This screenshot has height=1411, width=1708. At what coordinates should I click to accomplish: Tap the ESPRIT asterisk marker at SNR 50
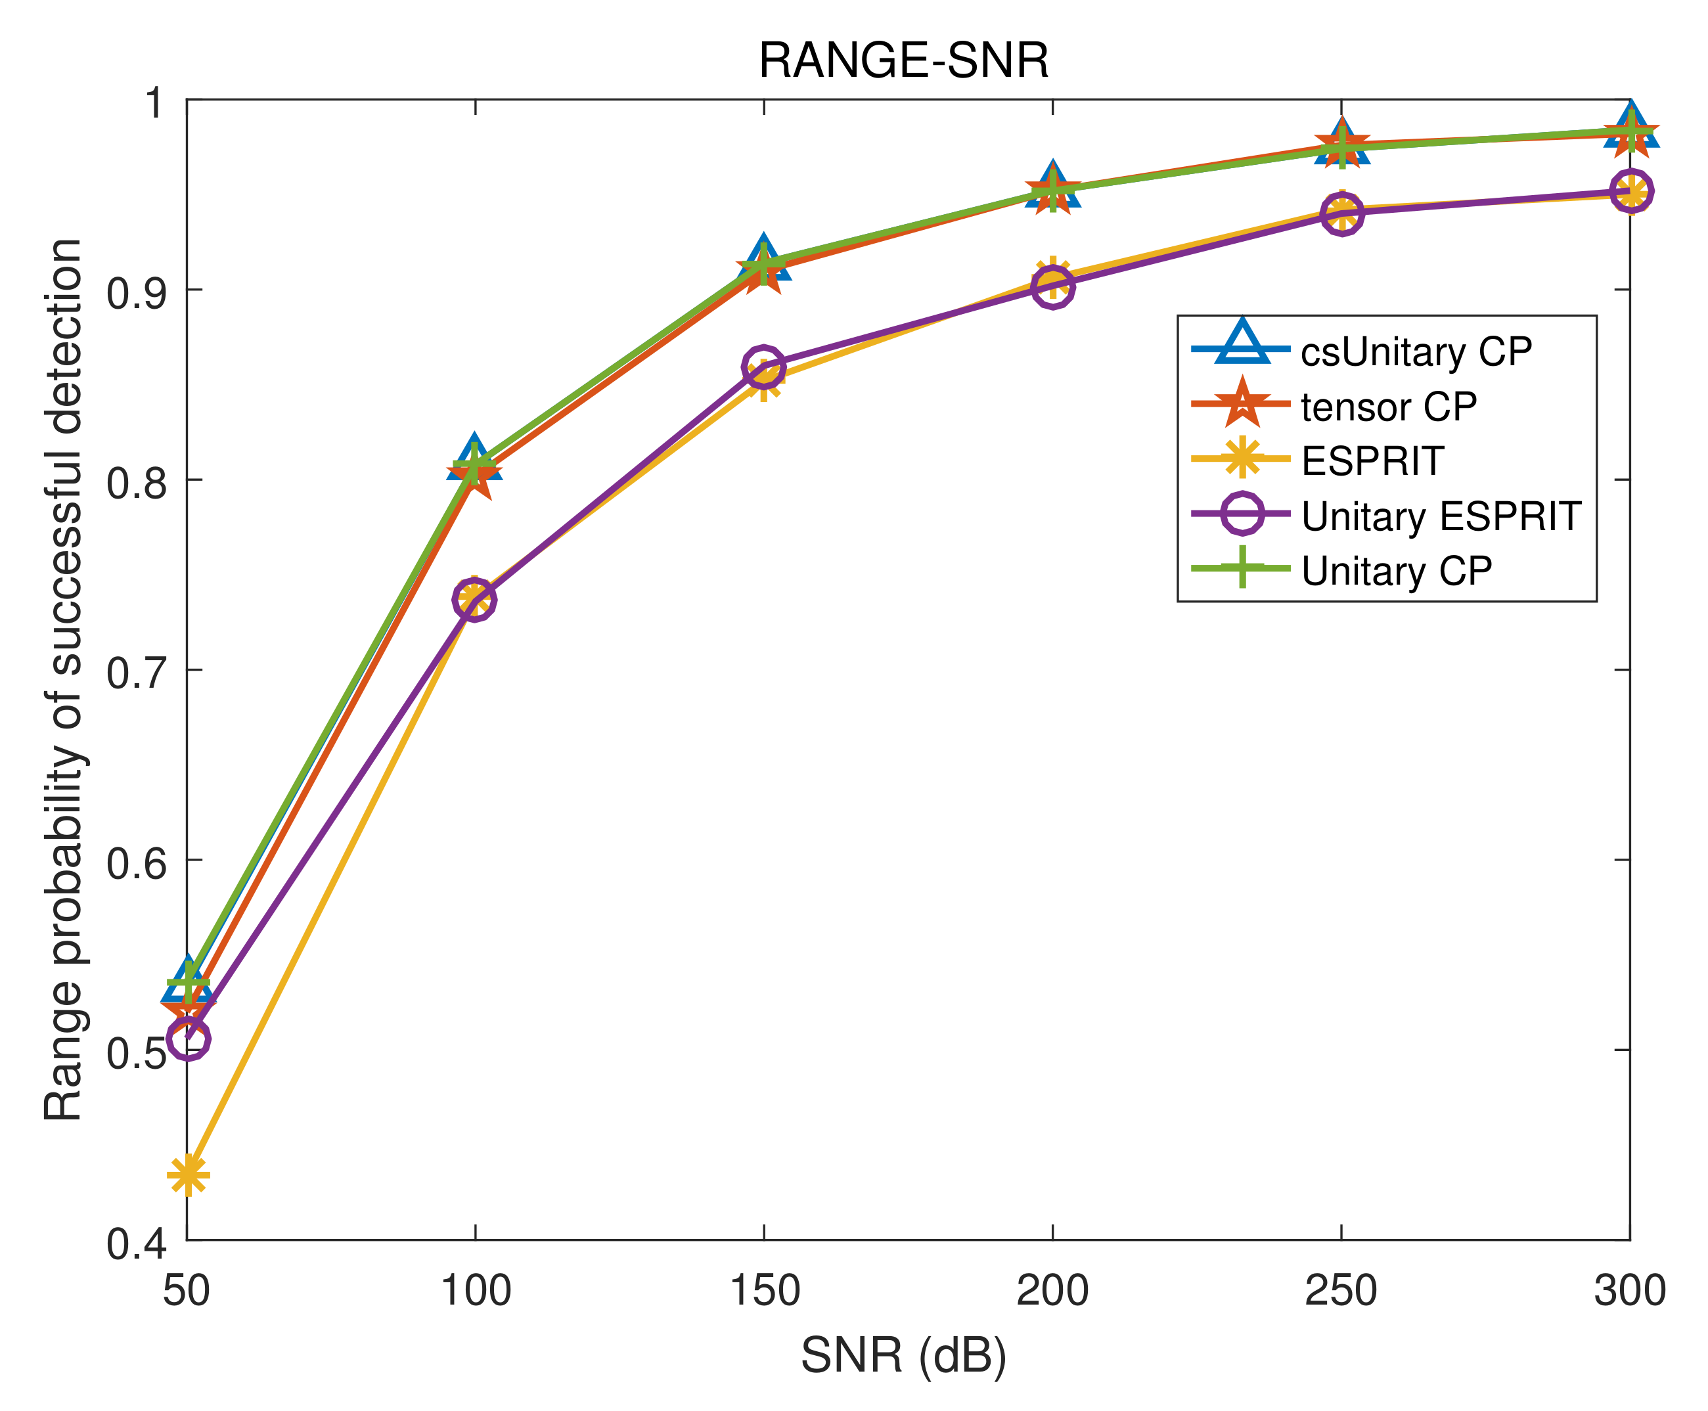coord(188,1175)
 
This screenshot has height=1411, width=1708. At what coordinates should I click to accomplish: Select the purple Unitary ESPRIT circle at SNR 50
coord(188,1039)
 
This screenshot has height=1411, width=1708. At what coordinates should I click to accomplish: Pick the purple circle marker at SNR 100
coord(475,600)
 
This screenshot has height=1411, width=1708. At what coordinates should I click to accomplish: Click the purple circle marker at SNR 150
coord(763,367)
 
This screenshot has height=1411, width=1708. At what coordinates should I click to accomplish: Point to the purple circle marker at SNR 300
coord(1630,192)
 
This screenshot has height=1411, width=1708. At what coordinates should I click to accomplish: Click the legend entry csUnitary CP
coord(1415,351)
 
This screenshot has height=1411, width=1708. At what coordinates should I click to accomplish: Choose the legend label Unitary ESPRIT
coord(1441,515)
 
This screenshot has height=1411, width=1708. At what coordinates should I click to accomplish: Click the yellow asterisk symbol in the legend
coord(1242,459)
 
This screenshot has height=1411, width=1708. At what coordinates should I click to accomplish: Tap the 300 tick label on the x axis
coord(1629,1291)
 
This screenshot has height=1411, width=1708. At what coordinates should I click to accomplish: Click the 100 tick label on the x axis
coord(475,1291)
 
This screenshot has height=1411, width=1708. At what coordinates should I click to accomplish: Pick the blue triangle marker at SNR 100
coord(475,459)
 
